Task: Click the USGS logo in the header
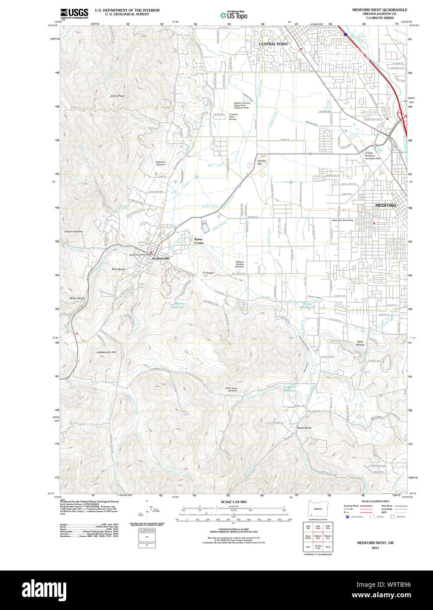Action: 74,13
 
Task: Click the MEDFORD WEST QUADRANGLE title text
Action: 379,10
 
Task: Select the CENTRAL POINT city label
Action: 273,44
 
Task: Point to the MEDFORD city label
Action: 386,205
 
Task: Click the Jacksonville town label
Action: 161,258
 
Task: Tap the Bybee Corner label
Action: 199,241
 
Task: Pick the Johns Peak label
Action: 117,96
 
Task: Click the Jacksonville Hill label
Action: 106,352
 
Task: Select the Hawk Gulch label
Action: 304,427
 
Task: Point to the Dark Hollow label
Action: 360,343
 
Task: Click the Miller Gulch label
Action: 77,298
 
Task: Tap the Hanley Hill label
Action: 262,162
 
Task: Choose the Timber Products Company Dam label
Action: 373,156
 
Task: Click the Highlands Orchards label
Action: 160,163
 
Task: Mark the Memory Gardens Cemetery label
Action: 240,264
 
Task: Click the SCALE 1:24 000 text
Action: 233,502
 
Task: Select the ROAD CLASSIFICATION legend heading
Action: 375,501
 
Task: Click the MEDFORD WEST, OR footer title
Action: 375,543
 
